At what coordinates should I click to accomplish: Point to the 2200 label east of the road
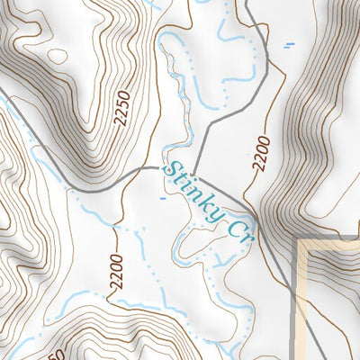tap(261, 152)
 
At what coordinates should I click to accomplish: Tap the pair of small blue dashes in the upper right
tap(289, 44)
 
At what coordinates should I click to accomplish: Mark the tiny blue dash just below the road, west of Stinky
tap(162, 197)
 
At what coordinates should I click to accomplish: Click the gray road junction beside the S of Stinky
tap(160, 168)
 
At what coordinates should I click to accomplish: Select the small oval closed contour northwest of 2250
tap(58, 56)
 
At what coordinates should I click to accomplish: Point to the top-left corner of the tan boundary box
tap(301, 240)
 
